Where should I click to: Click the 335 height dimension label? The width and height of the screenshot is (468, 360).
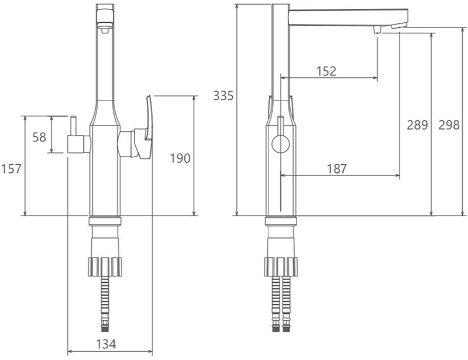(223, 96)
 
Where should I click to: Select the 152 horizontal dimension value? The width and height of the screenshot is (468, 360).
(326, 71)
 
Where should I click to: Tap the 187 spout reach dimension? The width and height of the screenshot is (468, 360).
(337, 169)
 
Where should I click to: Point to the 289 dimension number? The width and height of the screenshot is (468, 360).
(417, 124)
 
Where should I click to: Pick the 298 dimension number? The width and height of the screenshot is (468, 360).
(449, 124)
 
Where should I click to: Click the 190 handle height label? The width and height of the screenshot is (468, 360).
(180, 158)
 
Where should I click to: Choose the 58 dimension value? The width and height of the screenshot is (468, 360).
(39, 137)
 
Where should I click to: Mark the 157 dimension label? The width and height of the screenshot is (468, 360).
(11, 169)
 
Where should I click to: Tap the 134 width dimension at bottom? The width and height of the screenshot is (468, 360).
(106, 344)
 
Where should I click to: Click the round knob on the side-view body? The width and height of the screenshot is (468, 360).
(281, 144)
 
